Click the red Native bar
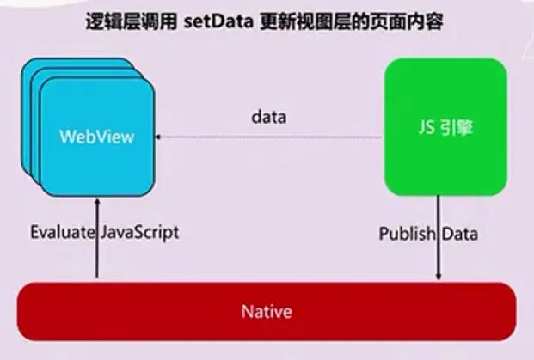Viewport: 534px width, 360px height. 267,310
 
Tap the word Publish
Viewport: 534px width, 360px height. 405,233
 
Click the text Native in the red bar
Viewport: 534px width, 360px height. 267,310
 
